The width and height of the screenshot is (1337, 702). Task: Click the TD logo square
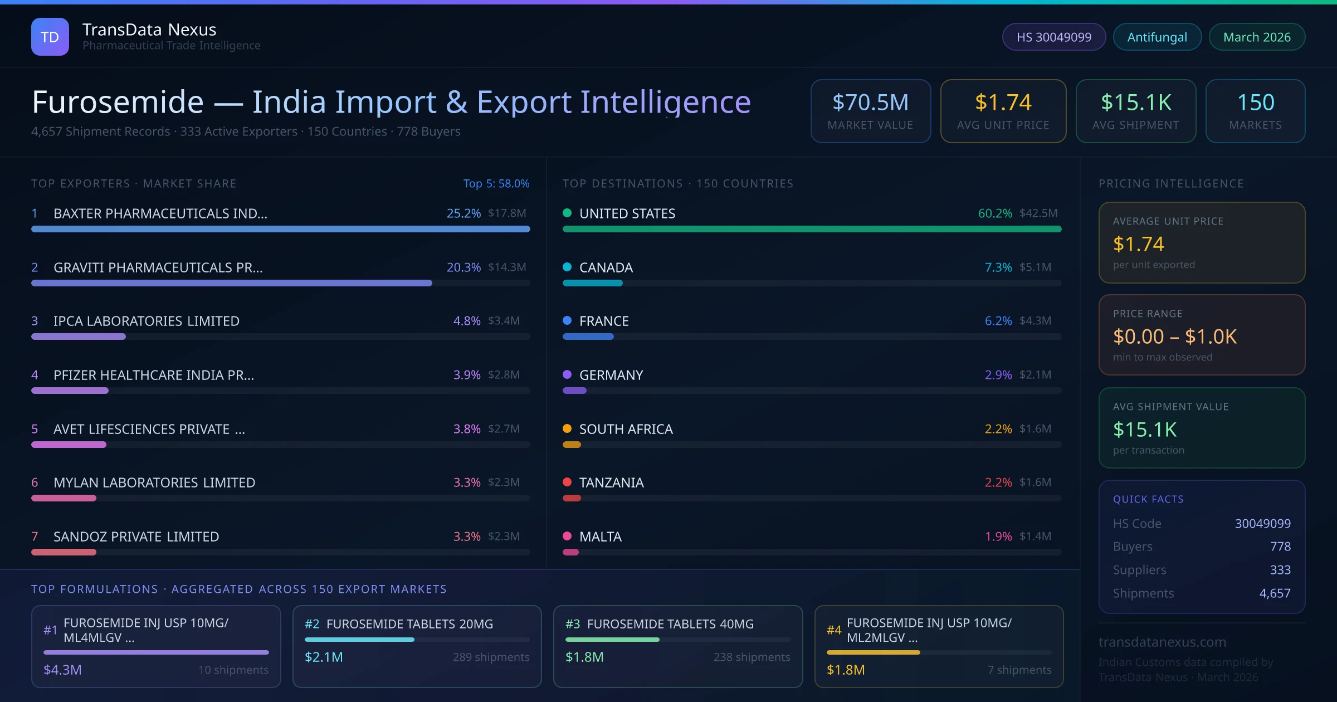coord(50,37)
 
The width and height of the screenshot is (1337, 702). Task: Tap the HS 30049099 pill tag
coord(1053,37)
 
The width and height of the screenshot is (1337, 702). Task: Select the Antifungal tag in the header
coord(1157,37)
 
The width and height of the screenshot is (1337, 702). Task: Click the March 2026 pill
coord(1256,37)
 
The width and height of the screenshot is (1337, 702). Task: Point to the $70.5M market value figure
coord(870,103)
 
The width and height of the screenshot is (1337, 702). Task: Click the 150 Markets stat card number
coord(1255,103)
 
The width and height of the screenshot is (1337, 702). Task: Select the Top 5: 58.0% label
coord(496,183)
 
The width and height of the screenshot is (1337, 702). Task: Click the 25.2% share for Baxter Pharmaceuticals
coord(463,213)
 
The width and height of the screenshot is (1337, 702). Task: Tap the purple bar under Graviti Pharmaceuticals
coord(231,283)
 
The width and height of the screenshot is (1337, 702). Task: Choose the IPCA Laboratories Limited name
coord(146,321)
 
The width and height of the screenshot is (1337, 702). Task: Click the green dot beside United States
coord(567,213)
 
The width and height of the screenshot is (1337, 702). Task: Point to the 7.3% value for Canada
coord(998,267)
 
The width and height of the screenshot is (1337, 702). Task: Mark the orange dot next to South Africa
coord(567,428)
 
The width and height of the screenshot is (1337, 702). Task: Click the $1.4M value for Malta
coord(1035,536)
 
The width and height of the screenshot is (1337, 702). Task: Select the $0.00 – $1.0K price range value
coord(1174,337)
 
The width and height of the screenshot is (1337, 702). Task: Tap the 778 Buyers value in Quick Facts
coord(1280,547)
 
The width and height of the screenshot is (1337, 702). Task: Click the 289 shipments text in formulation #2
coord(491,657)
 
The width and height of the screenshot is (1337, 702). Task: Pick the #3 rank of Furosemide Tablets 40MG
coord(573,624)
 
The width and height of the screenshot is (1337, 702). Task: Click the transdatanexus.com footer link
coord(1162,642)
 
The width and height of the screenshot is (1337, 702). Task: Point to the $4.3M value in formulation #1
coord(62,670)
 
